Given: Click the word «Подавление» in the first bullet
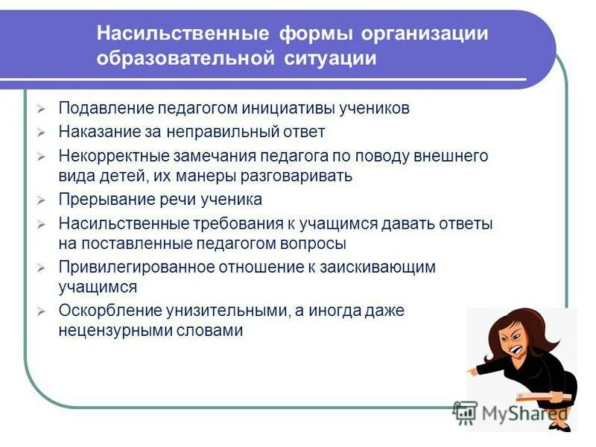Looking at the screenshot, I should tap(102, 108).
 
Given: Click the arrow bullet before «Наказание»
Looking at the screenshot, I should tap(42, 133).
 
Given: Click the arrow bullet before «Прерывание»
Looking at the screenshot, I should tap(42, 200).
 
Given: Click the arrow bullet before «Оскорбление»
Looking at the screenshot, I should tap(42, 311).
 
